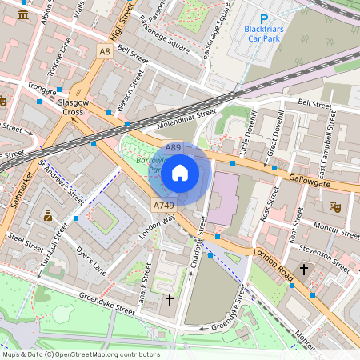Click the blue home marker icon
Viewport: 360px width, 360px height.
click(x=180, y=173)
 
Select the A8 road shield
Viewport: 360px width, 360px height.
click(x=104, y=51)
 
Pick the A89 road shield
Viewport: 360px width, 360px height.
click(x=173, y=148)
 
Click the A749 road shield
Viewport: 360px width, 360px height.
click(x=162, y=206)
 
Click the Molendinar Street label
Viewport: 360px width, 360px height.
click(x=186, y=119)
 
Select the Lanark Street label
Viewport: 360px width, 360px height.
click(x=144, y=280)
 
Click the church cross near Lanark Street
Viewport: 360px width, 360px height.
click(x=169, y=300)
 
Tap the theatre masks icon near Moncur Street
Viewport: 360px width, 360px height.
click(x=334, y=206)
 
